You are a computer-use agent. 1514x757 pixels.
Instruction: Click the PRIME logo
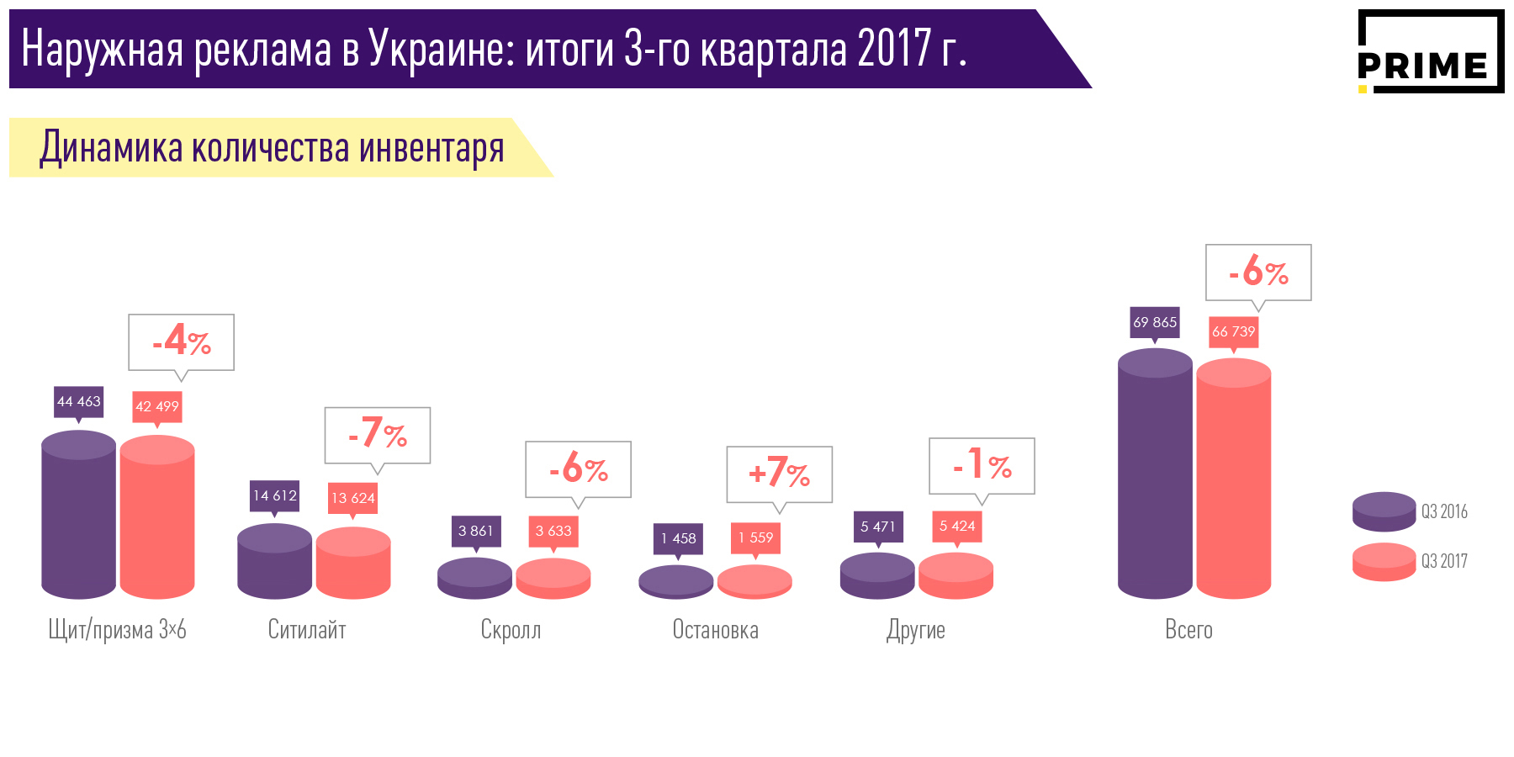click(1430, 52)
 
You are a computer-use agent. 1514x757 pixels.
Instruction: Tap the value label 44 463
click(78, 402)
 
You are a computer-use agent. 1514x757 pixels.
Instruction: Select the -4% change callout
click(181, 342)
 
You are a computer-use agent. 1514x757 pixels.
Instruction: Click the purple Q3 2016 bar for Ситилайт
click(274, 562)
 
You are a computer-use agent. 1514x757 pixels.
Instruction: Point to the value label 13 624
click(352, 498)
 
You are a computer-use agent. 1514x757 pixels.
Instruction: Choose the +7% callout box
click(779, 474)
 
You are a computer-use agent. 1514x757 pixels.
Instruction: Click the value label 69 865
click(1155, 322)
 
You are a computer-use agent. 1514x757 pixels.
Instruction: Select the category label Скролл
click(511, 630)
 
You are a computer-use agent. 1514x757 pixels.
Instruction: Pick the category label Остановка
click(715, 630)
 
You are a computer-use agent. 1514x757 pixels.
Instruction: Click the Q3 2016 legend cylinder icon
click(1384, 511)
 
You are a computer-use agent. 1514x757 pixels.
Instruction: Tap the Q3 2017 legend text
click(1444, 561)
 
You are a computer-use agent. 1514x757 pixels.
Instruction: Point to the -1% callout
click(982, 465)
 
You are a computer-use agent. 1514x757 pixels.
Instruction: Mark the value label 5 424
click(956, 527)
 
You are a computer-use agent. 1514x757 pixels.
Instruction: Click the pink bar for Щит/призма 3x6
click(157, 517)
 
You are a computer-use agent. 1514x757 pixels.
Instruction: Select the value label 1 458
click(678, 538)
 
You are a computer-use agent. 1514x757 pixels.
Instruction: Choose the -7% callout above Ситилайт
click(378, 435)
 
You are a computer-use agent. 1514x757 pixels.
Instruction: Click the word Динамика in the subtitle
click(110, 148)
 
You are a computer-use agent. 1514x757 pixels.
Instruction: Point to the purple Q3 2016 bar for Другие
click(877, 576)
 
